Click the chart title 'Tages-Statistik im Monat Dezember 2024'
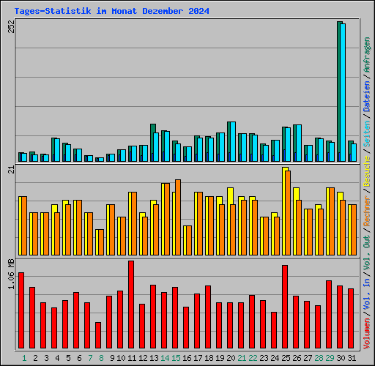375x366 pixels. [x=111, y=11]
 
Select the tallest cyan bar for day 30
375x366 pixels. [x=343, y=92]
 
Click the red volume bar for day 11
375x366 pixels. [x=131, y=305]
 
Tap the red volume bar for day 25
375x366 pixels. [x=285, y=307]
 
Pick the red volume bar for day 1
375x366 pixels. [x=21, y=310]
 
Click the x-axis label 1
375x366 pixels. [x=24, y=358]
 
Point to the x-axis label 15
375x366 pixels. [x=176, y=358]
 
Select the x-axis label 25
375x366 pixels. [x=286, y=358]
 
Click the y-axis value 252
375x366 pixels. [x=10, y=26]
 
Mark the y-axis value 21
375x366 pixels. [x=10, y=170]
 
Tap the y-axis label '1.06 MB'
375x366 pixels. [x=10, y=275]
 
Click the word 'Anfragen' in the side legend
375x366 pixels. [x=366, y=55]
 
